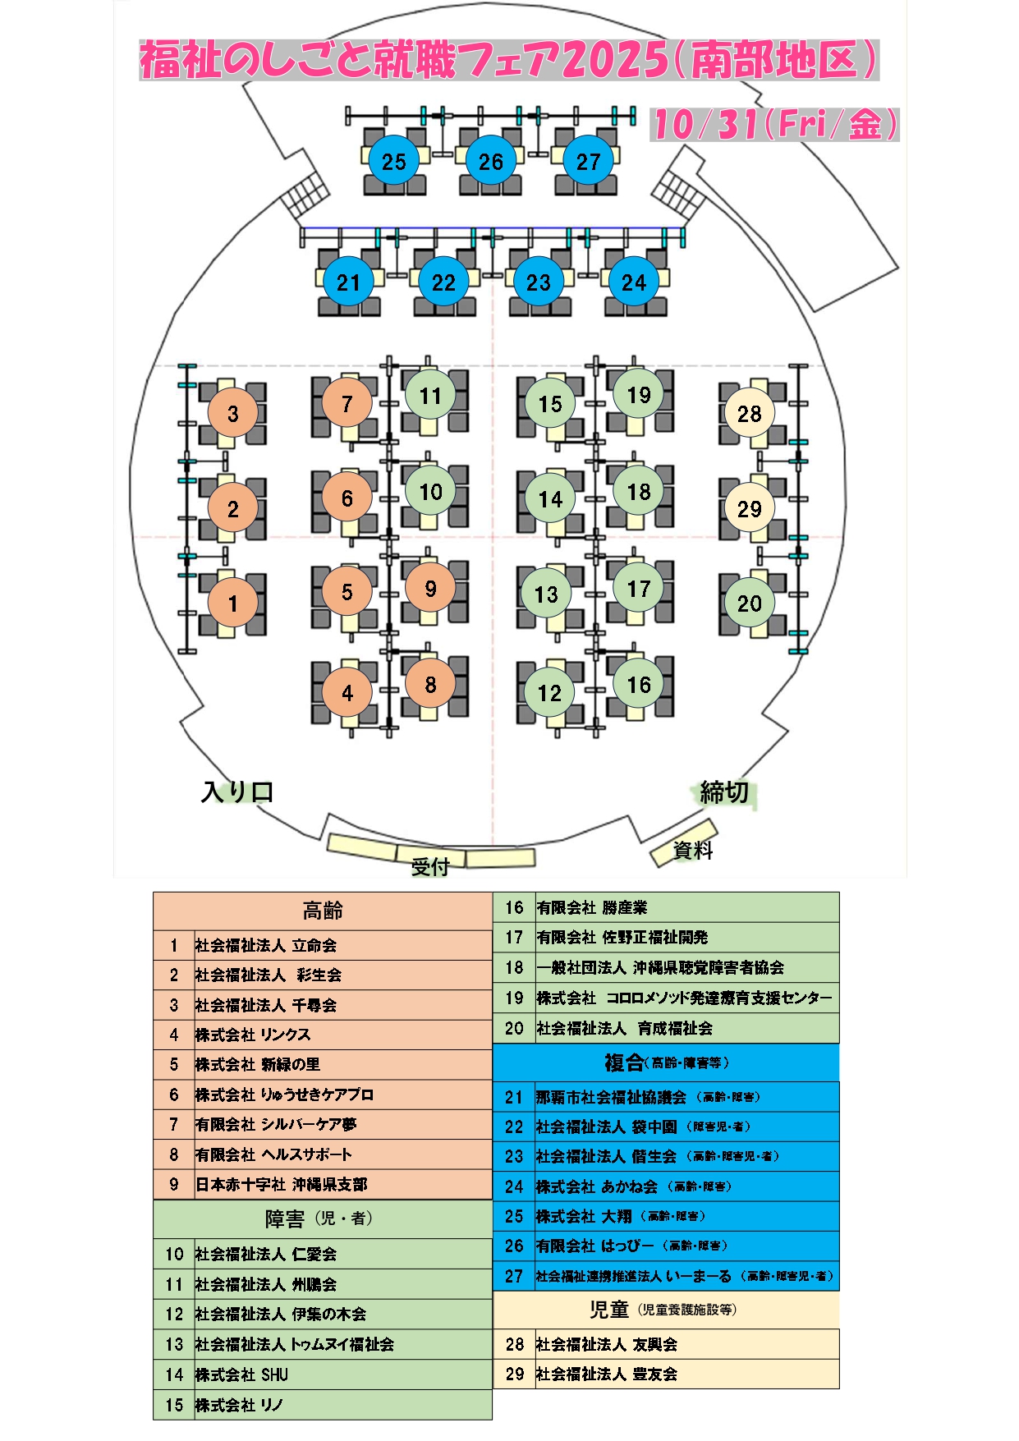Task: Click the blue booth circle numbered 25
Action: pyautogui.click(x=394, y=161)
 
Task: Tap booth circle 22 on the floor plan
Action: pyautogui.click(x=443, y=282)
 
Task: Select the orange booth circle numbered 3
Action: pyautogui.click(x=233, y=413)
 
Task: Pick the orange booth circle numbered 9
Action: pyautogui.click(x=430, y=588)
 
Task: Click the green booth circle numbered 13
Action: pyautogui.click(x=546, y=594)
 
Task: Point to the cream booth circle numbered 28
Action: pyautogui.click(x=749, y=413)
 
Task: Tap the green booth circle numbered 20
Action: pyautogui.click(x=749, y=603)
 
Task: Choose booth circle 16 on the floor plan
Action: pyautogui.click(x=639, y=684)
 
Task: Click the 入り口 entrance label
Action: pyautogui.click(x=237, y=792)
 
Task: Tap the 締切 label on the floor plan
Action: pyautogui.click(x=724, y=792)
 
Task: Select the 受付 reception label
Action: pyautogui.click(x=430, y=865)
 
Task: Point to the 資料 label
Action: pyautogui.click(x=693, y=851)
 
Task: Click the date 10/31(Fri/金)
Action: pyautogui.click(x=774, y=125)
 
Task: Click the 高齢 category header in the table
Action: pyautogui.click(x=323, y=911)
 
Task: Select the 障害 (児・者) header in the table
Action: pyautogui.click(x=319, y=1219)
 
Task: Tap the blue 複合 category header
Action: pyautogui.click(x=666, y=1063)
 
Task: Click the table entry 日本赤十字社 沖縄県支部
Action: pyautogui.click(x=281, y=1184)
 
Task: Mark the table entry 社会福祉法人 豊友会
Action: pyautogui.click(x=607, y=1374)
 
